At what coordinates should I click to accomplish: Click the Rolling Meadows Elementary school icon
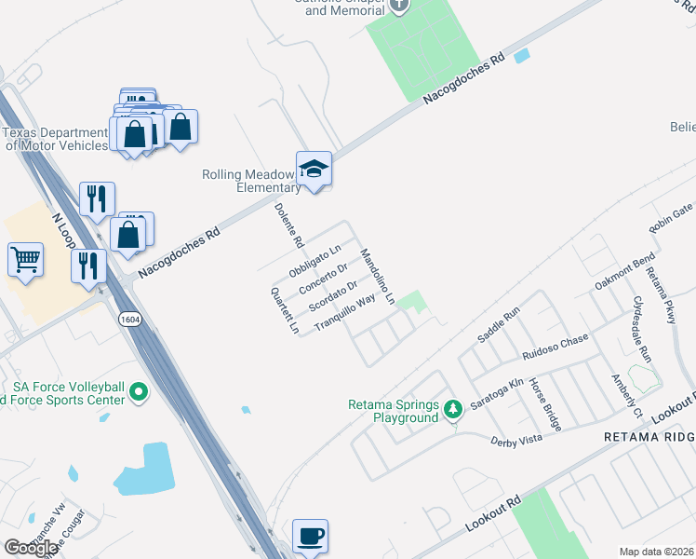tap(314, 169)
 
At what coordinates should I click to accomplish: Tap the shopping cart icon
tap(25, 259)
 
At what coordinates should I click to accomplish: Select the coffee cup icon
tap(310, 536)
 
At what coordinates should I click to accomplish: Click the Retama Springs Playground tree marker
tap(452, 409)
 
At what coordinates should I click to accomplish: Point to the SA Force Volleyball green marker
tap(139, 392)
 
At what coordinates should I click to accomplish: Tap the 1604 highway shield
tap(129, 320)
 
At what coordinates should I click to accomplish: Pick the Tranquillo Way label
tap(344, 311)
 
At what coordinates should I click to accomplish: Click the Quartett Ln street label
tap(285, 310)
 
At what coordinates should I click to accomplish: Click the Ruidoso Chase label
tap(555, 348)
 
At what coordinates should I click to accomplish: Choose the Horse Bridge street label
tap(544, 403)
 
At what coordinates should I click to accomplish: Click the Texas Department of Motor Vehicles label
tap(56, 139)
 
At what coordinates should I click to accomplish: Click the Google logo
tap(31, 548)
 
